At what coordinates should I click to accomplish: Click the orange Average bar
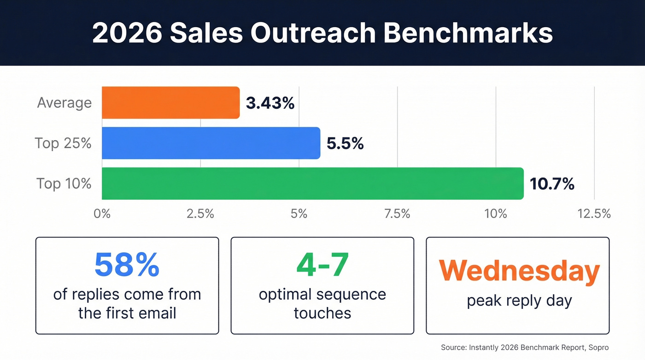(170, 102)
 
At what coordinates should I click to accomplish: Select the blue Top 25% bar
(211, 143)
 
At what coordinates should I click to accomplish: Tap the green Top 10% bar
(312, 183)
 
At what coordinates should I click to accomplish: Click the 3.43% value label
(270, 103)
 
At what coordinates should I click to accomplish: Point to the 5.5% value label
(345, 144)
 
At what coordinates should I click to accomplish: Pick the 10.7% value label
(552, 184)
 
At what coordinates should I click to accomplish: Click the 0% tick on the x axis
(102, 214)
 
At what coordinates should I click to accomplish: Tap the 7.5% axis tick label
(397, 214)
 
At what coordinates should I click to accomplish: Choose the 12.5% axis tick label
(594, 214)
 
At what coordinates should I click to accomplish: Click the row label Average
(64, 102)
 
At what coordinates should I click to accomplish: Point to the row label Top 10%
(64, 183)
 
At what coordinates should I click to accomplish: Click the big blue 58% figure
(127, 264)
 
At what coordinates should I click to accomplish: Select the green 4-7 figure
(322, 264)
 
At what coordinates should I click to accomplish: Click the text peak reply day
(519, 301)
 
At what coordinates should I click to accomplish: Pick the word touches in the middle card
(322, 313)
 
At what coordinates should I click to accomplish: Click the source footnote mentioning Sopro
(524, 347)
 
